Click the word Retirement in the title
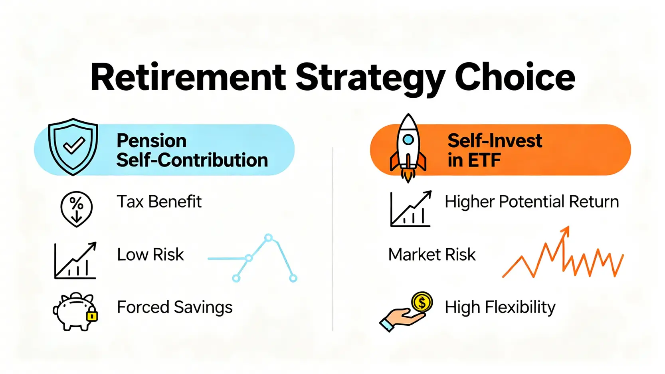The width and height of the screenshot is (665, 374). [x=188, y=77]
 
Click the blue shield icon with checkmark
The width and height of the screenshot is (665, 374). [x=73, y=146]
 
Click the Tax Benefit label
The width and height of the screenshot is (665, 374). [x=159, y=202]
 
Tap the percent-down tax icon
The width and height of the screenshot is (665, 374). [x=76, y=209]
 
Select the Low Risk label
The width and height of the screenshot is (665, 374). [x=150, y=254]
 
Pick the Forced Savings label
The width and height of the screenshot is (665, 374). [x=174, y=307]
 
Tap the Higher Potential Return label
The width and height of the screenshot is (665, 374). [x=532, y=202]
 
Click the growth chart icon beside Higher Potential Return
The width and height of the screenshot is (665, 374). [x=411, y=209]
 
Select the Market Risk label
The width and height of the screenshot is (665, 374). [x=432, y=254]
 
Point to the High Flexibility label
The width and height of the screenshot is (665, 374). [x=500, y=307]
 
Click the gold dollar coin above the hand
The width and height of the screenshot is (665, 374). [x=422, y=302]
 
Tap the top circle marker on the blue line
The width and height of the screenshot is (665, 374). [x=268, y=237]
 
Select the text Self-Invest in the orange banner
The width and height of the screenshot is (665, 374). [x=495, y=140]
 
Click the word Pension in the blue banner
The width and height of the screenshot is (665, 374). [x=151, y=140]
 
